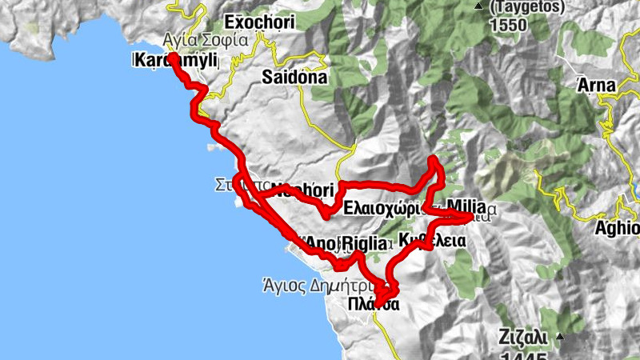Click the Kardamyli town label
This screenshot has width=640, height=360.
coord(173,60)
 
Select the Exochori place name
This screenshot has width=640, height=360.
coord(259,22)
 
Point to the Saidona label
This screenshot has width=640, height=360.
coord(294,78)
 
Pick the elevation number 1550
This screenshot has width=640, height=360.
coord(506,25)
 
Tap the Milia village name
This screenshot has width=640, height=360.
coord(467,204)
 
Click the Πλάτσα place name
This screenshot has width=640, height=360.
coord(374,303)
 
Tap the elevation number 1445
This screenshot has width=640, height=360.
coord(523,354)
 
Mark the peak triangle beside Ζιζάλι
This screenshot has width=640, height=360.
coord(562,337)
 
